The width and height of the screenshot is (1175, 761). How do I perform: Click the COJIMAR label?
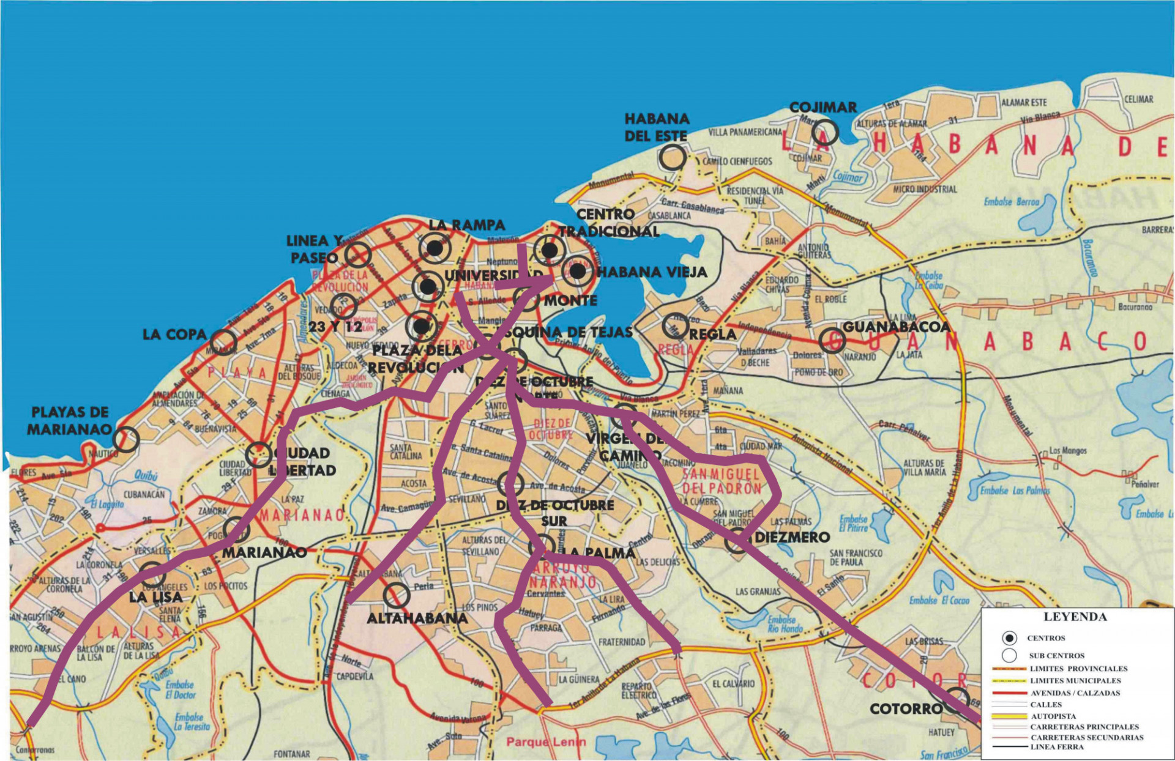(822, 107)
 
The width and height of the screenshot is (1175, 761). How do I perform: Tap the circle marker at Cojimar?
(825, 133)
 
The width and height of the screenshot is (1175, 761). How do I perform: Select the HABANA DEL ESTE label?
(657, 127)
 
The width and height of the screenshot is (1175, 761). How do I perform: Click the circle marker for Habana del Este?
(673, 157)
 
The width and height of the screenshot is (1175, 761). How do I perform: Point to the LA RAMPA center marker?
(435, 248)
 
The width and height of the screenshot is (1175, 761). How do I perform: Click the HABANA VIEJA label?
(651, 272)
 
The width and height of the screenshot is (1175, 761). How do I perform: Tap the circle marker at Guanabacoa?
(833, 341)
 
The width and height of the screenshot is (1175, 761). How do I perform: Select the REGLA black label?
(712, 335)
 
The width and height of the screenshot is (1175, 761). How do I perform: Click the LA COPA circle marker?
(223, 342)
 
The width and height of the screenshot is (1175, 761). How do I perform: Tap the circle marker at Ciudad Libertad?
(259, 455)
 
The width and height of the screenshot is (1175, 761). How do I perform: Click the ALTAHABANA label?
(417, 618)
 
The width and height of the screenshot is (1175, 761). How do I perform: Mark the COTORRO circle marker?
(956, 700)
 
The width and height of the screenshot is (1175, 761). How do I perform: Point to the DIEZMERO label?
(792, 537)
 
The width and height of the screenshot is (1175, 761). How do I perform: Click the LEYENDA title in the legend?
(1075, 617)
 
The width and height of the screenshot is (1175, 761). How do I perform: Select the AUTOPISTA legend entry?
(1053, 716)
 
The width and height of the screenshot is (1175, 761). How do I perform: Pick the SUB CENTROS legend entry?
(1056, 655)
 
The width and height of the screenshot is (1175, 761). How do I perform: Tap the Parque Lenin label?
(545, 742)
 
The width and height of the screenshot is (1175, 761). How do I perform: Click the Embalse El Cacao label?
(939, 600)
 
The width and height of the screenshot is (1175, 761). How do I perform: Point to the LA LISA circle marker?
(152, 574)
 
